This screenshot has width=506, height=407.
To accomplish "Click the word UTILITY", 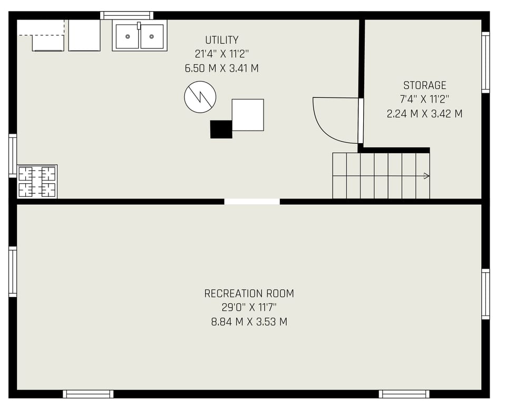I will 221,40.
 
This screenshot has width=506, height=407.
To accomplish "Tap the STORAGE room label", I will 424,85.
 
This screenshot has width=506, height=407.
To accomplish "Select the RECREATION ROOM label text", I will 249,294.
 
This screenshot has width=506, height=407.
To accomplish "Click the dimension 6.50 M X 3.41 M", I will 221,68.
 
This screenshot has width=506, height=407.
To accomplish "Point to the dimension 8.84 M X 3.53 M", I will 249,322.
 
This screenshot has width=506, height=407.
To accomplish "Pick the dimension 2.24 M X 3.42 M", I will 424,114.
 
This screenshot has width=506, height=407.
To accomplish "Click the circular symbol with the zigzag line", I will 200,97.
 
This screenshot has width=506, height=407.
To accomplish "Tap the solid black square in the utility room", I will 221,129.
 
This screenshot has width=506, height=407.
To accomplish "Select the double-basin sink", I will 140,36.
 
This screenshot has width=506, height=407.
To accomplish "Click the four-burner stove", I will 37,182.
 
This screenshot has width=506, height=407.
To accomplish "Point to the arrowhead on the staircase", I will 426,176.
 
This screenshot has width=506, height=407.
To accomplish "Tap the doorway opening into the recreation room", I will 252,201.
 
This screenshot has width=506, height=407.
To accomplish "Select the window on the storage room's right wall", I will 485,62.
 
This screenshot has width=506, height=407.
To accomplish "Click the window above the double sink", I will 127,15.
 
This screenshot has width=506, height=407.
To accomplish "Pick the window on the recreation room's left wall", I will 13,272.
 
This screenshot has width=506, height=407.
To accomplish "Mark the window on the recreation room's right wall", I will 485,294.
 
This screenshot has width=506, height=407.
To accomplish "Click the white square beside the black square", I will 248,115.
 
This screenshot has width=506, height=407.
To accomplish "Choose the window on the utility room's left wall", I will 13,156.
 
